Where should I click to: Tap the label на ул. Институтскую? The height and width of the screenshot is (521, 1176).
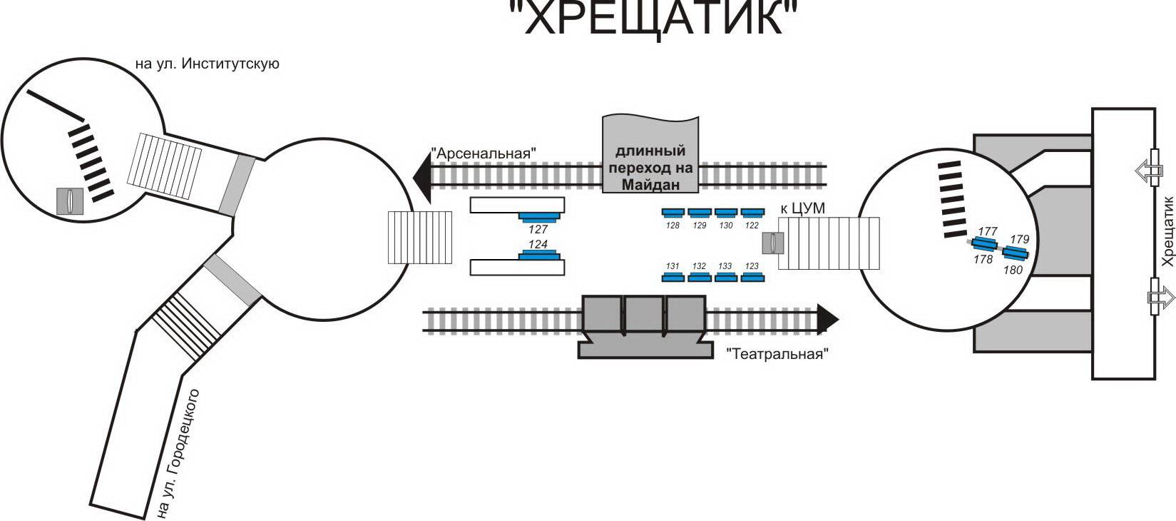(207, 64)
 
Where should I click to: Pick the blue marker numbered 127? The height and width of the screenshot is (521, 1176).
(538, 216)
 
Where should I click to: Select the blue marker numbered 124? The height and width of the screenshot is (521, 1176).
(538, 255)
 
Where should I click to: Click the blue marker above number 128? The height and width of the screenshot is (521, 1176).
(673, 212)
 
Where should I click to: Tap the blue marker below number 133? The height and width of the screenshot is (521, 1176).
(725, 278)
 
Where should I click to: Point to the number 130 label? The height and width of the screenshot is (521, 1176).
(725, 226)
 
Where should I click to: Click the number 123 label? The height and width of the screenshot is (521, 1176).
(752, 266)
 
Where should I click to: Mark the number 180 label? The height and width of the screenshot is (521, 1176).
(1013, 270)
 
